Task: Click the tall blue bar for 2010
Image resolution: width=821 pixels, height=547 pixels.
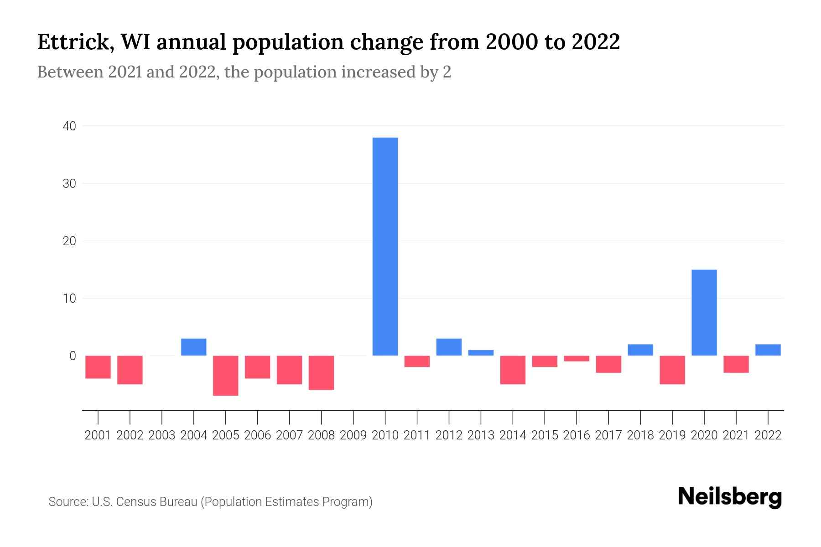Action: click(x=385, y=246)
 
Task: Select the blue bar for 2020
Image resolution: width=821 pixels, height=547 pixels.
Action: click(x=704, y=313)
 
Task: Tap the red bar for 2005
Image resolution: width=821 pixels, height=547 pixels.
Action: click(x=226, y=375)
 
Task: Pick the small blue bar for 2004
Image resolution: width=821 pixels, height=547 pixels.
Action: click(x=194, y=347)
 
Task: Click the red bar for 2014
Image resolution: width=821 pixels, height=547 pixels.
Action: click(x=513, y=370)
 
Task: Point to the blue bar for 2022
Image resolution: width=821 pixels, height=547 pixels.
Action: click(x=768, y=350)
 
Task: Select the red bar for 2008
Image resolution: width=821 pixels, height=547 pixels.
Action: click(x=322, y=372)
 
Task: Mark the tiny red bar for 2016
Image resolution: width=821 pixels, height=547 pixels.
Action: click(x=577, y=358)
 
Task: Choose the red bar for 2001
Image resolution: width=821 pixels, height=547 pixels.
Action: click(x=98, y=367)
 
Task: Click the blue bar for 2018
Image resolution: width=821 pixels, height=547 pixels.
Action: click(x=640, y=350)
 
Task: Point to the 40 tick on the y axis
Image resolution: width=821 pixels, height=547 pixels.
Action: click(x=69, y=126)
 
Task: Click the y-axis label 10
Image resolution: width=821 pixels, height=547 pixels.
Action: click(x=69, y=299)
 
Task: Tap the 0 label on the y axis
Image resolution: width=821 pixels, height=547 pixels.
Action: click(x=73, y=356)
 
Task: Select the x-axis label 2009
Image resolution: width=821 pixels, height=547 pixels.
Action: click(x=353, y=435)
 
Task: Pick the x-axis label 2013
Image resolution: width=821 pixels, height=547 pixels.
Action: click(x=481, y=435)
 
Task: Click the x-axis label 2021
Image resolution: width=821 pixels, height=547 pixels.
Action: click(x=736, y=435)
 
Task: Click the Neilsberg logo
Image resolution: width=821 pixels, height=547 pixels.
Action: click(x=729, y=497)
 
